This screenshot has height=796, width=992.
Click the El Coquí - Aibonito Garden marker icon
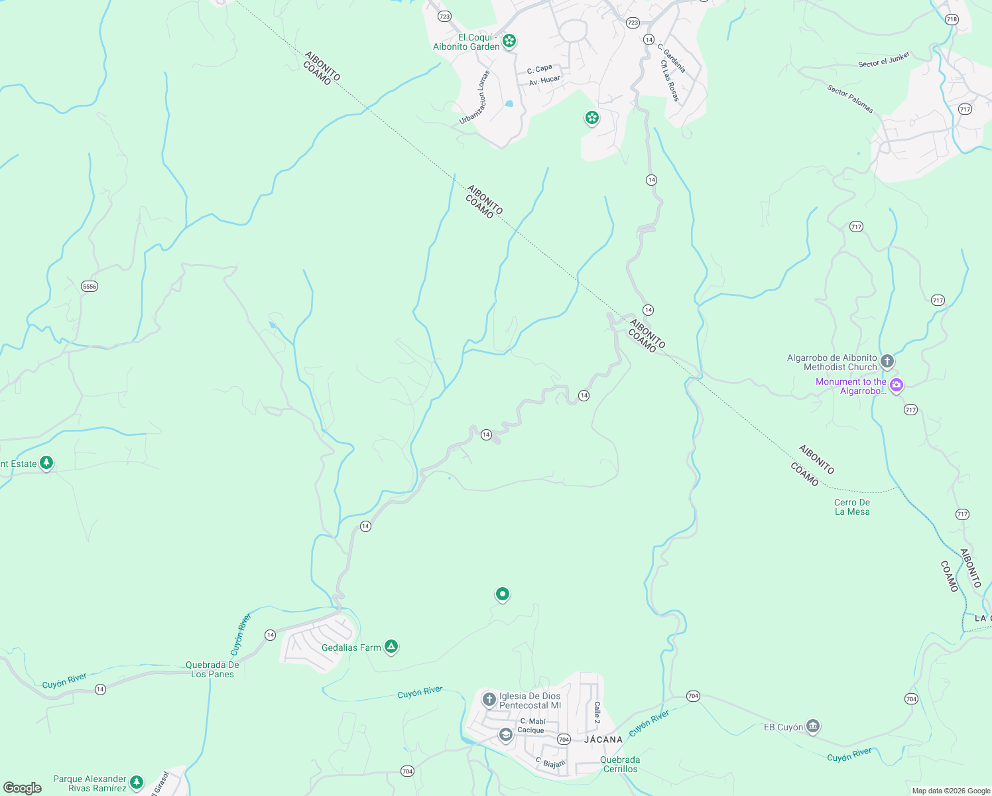[x=509, y=41]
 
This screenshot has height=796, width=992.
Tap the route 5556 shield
[x=90, y=287]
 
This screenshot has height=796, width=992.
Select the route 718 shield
[x=952, y=19]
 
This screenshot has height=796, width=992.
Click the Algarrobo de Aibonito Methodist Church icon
[x=887, y=362]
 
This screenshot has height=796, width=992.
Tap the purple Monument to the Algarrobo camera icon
[x=897, y=385]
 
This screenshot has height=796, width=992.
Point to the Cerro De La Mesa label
[x=852, y=507]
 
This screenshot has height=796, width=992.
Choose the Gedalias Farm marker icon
[x=391, y=647]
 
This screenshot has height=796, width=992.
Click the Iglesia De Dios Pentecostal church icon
[x=489, y=699]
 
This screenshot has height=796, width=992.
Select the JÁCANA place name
[x=603, y=740]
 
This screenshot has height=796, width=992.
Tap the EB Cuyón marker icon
[x=813, y=726]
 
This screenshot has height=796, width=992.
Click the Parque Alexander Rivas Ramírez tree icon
[x=137, y=782]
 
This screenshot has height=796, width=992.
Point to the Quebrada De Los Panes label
[x=212, y=669]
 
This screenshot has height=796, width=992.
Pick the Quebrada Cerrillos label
[x=620, y=764]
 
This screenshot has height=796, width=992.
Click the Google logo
[x=23, y=788]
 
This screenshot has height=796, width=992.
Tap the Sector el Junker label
[x=884, y=60]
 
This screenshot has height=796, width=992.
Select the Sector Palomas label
[x=850, y=98]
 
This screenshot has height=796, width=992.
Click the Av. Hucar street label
[x=544, y=81]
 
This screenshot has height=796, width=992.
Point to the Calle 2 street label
[x=597, y=712]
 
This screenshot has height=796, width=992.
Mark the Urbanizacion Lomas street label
[x=475, y=98]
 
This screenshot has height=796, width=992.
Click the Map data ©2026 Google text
[x=951, y=791]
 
